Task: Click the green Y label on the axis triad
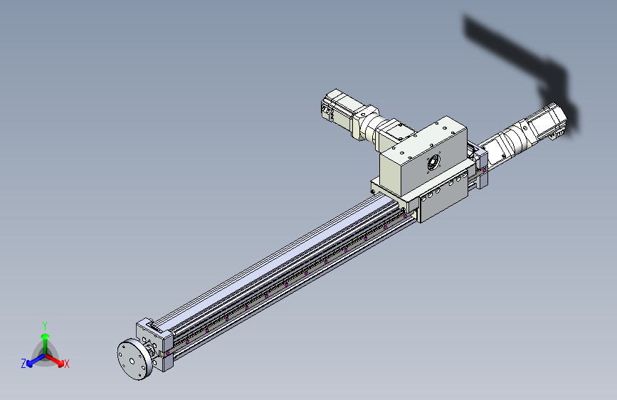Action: [x=45, y=325]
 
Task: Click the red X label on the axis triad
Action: [x=67, y=364]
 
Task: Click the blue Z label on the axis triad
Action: [x=23, y=364]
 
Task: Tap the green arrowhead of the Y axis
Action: [x=46, y=336]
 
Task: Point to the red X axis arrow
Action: [x=55, y=360]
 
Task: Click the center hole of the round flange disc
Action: [x=132, y=361]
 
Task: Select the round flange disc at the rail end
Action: [x=134, y=360]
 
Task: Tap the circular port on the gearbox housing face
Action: [x=433, y=162]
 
